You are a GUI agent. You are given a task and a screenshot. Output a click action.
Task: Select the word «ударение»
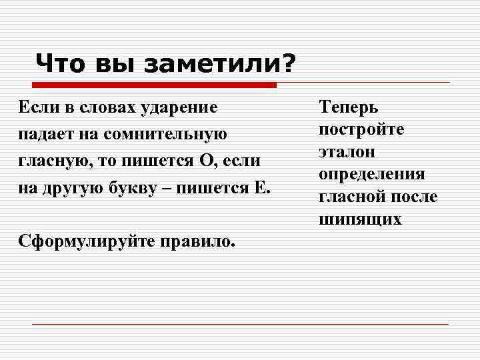pos(180,107)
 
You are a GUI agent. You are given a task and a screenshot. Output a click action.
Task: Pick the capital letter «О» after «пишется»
pos(205,161)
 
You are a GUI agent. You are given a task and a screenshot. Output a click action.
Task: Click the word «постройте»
pos(361,129)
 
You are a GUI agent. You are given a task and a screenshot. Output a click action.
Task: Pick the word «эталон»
pos(347,151)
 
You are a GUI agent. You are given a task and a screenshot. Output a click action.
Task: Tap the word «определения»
pos(371,174)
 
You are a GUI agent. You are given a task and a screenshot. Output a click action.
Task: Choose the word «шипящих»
pos(360,219)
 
